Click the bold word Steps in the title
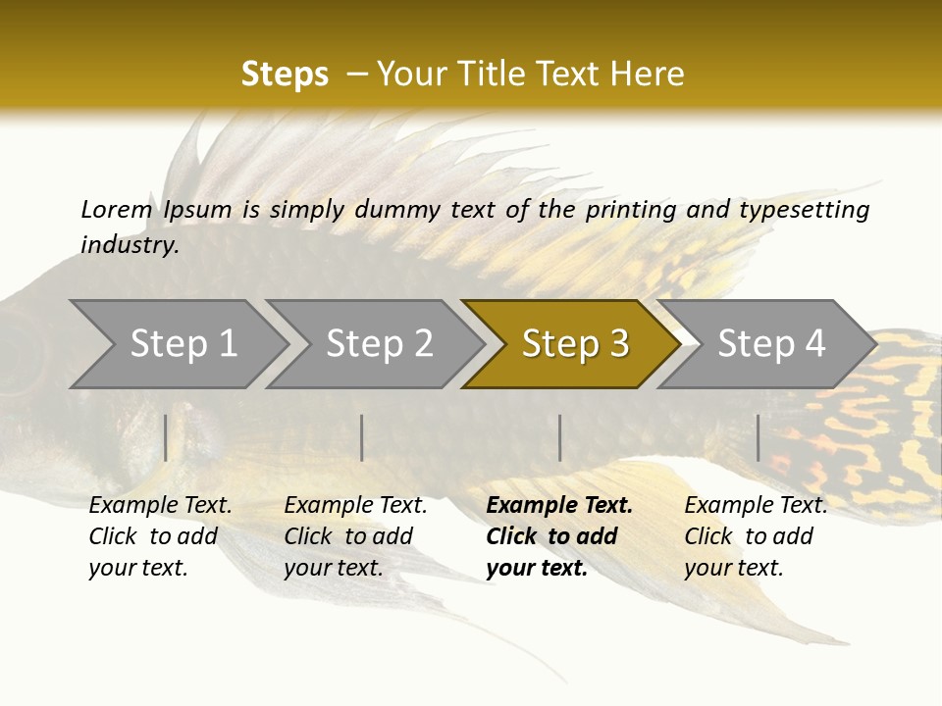pos(285,75)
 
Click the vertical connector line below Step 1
pos(166,437)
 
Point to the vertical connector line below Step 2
pos(362,437)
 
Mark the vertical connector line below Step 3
pos(559,437)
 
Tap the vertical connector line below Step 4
pos(758,437)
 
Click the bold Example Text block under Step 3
pos(559,536)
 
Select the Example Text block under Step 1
pos(160,536)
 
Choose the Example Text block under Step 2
pos(355,536)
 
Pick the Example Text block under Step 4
pos(756,536)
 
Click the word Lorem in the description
pos(116,209)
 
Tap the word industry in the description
pos(130,245)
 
